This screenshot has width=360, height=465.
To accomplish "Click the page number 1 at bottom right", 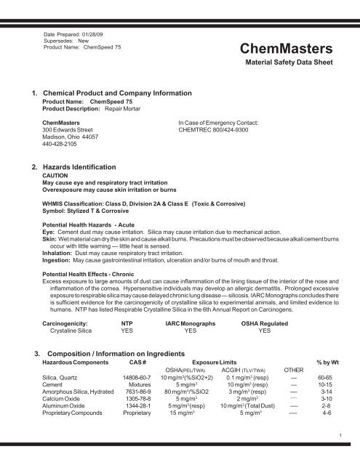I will coord(340,454).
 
